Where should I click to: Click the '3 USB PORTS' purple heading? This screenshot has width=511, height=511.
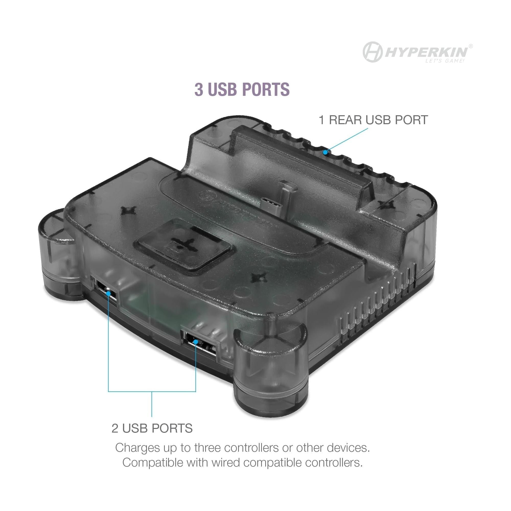point(242,89)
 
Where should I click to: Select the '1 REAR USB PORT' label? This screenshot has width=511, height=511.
point(373,120)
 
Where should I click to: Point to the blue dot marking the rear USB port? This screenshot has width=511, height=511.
point(325,152)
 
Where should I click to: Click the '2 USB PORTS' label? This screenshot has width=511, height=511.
point(152,428)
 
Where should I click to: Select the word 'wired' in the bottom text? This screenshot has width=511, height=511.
point(225,463)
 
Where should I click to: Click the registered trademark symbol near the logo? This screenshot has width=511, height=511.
point(471,46)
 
